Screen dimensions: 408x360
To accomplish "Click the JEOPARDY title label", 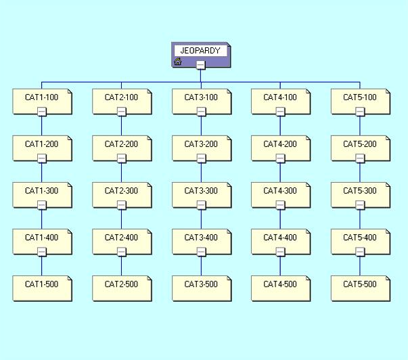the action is [200, 51].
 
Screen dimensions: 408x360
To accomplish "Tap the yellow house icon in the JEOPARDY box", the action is [178, 62].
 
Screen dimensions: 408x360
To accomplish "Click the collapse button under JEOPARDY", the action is [201, 65].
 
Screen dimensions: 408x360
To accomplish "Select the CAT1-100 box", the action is [43, 102].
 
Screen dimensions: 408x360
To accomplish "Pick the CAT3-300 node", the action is [202, 195].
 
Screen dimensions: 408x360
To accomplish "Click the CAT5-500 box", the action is [361, 288].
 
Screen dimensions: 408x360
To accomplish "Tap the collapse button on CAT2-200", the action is [122, 158].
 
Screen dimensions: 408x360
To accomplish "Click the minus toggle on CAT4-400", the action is [280, 252].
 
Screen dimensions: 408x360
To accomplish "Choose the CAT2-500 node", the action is [122, 288].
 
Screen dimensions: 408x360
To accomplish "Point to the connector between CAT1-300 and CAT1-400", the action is [42, 219].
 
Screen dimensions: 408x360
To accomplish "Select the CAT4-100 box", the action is [281, 102].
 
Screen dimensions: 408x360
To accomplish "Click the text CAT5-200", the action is [360, 144].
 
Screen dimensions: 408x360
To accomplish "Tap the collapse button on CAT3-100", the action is [201, 112].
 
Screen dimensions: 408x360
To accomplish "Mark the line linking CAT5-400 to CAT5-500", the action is [360, 266].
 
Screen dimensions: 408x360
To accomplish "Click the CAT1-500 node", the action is [43, 288].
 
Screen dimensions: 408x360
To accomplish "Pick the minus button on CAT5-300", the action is [360, 205].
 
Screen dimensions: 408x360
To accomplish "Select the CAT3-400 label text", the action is [201, 238].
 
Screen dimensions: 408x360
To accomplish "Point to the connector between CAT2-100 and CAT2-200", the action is [121, 126].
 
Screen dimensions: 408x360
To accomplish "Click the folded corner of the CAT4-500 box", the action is [308, 278].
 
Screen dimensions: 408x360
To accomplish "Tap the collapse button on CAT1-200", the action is [42, 158].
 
